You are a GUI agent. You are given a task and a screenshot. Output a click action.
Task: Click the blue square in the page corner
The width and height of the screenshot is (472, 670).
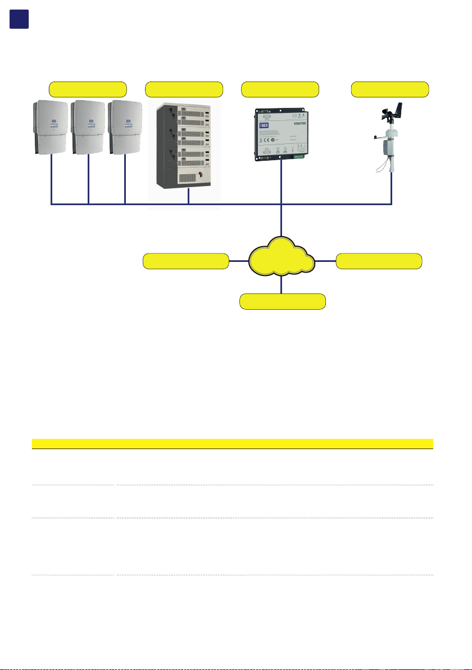pos(20,19)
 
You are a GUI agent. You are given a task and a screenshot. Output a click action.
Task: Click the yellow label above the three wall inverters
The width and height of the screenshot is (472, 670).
pos(88,89)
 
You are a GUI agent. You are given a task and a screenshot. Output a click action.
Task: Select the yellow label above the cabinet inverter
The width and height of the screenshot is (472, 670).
pos(184,89)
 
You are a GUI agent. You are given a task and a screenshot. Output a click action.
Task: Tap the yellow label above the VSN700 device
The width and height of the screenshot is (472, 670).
pos(280,89)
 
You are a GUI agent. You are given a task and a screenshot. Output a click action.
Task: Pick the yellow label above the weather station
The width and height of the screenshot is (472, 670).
pos(390,89)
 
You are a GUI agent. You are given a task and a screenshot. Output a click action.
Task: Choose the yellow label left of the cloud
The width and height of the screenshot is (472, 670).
pos(186,261)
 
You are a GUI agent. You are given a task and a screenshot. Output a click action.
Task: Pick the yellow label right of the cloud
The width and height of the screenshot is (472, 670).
pos(379,261)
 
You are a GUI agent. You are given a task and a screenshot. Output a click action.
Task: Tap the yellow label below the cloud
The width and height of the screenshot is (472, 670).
pos(283,301)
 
